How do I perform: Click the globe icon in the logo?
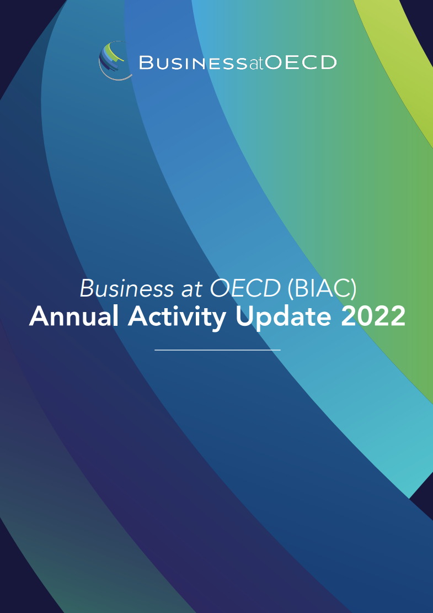pos(114,60)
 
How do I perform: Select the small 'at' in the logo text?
pos(257,63)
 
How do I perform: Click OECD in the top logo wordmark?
pos(301,62)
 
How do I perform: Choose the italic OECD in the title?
pos(245,288)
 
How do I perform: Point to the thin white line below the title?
pos(217,350)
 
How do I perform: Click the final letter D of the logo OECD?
pos(328,62)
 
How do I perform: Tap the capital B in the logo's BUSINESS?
pos(145,62)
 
